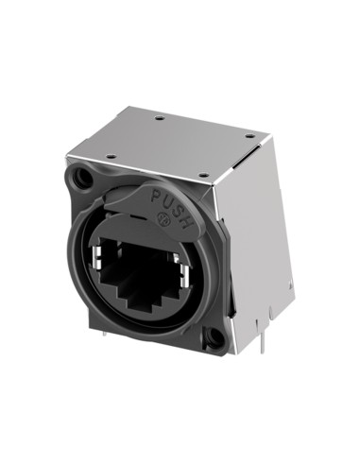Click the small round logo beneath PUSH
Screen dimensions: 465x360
tap(162, 222)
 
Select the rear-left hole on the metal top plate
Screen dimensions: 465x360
tap(159, 118)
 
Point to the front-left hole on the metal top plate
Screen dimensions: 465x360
tap(111, 155)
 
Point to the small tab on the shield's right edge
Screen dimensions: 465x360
tap(288, 284)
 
